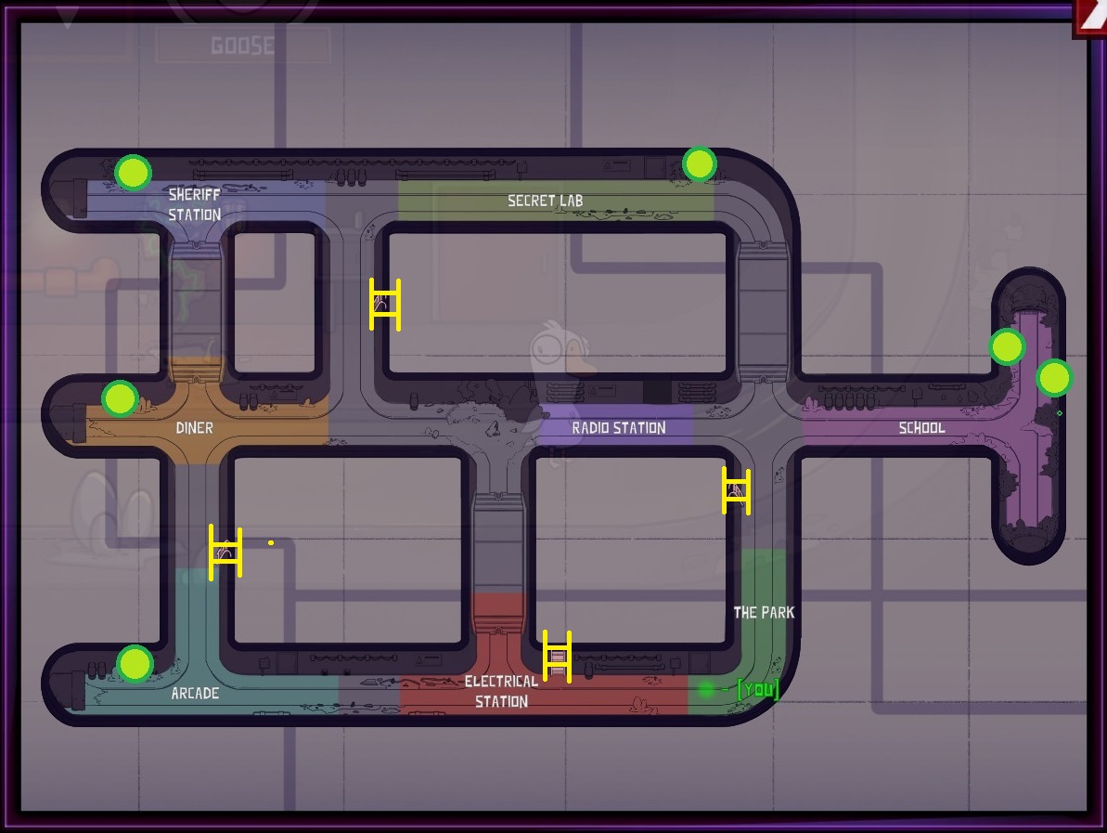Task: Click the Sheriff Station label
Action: pyautogui.click(x=194, y=204)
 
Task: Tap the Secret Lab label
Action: pyautogui.click(x=545, y=201)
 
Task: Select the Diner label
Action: pyautogui.click(x=194, y=428)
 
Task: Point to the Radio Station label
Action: pyautogui.click(x=618, y=428)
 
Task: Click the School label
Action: pyautogui.click(x=921, y=428)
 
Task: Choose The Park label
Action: pyautogui.click(x=764, y=613)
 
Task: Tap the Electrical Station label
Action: pyautogui.click(x=501, y=692)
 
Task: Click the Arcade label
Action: pyautogui.click(x=195, y=694)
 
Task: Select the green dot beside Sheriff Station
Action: pyautogui.click(x=133, y=172)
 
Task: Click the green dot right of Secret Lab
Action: pyautogui.click(x=699, y=164)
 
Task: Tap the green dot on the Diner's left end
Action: pyautogui.click(x=120, y=399)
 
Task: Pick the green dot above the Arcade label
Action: pyautogui.click(x=135, y=664)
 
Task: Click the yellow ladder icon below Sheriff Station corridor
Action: pyautogui.click(x=385, y=305)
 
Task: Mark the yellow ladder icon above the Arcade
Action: pyautogui.click(x=225, y=553)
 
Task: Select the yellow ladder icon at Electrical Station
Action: pyautogui.click(x=557, y=656)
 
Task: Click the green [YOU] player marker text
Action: pyautogui.click(x=757, y=689)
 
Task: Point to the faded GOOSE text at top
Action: pyautogui.click(x=242, y=46)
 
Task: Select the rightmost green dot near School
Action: pyautogui.click(x=1054, y=379)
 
